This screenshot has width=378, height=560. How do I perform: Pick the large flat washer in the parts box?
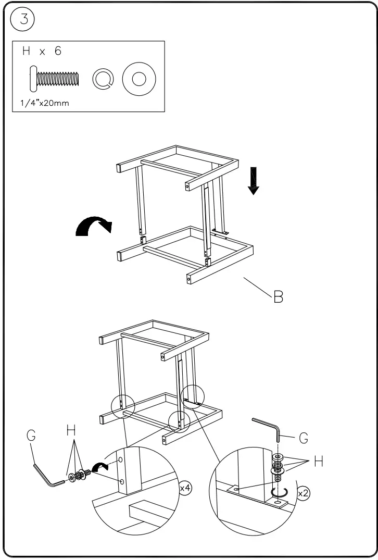click(x=138, y=79)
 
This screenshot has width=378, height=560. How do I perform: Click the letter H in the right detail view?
click(x=319, y=462)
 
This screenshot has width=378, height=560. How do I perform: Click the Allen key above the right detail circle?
click(x=268, y=427)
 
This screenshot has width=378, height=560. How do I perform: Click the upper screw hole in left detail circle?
click(x=121, y=461)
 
